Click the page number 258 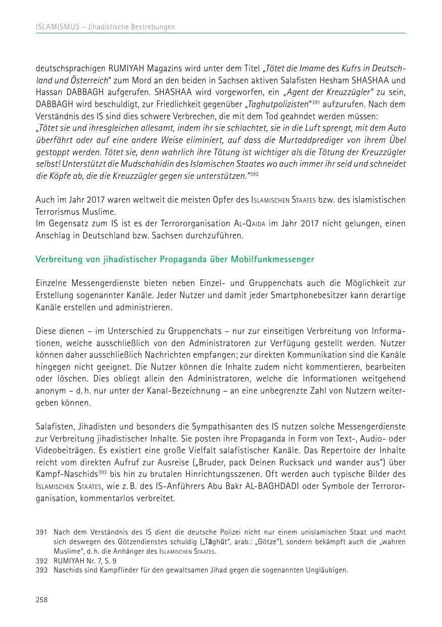(x=41, y=600)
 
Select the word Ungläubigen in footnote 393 (x=329, y=570)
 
